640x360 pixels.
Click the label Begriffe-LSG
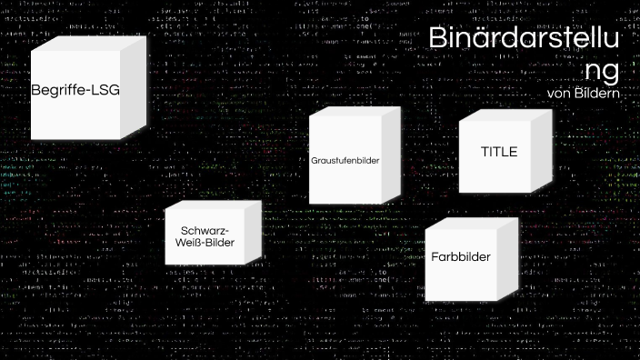[x=75, y=91]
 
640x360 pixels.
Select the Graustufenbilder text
[x=345, y=160]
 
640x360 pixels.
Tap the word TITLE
[x=498, y=152]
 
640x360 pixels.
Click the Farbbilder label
[x=461, y=257]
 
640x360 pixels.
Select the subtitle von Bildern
[x=583, y=93]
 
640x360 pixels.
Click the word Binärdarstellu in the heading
[x=524, y=39]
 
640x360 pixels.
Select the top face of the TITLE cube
[x=505, y=118]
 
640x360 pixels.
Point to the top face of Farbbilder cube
[x=473, y=224]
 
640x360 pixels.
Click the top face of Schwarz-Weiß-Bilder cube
[x=215, y=205]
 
